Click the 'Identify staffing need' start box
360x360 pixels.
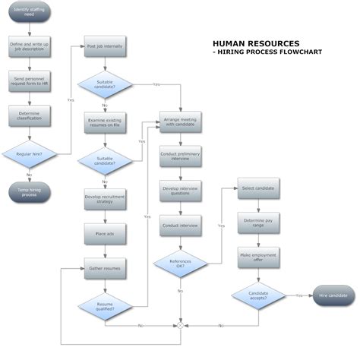point(29,13)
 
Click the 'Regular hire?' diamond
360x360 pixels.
point(29,154)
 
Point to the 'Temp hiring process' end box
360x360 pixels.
point(29,191)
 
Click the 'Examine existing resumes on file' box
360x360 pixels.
point(105,122)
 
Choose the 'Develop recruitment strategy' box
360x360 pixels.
point(105,199)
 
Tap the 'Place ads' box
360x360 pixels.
point(105,233)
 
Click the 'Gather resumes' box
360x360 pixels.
point(105,267)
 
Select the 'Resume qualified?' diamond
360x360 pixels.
point(105,305)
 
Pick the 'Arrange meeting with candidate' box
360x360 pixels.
point(180,122)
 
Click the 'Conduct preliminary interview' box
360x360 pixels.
point(180,156)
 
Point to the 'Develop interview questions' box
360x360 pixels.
point(180,191)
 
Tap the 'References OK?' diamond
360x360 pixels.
point(180,264)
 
